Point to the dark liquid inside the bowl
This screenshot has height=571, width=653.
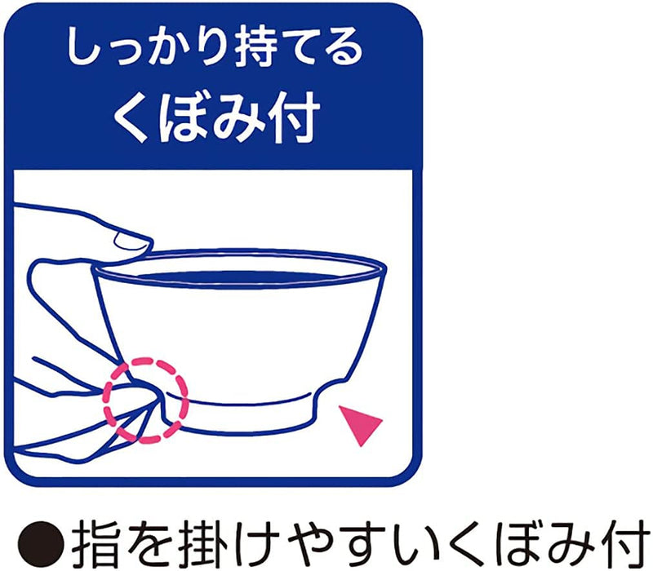coord(245,273)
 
